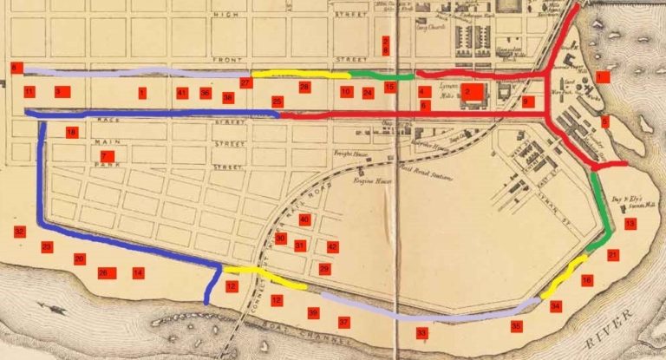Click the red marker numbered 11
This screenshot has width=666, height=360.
coord(29,91)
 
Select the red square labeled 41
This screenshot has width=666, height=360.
coord(181,92)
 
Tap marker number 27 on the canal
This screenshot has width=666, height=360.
coord(246,82)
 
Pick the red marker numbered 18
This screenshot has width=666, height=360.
coord(72,132)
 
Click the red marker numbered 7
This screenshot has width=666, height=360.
coord(106,156)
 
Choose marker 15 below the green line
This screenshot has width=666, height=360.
coord(390,88)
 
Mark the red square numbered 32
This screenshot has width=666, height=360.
coord(19,232)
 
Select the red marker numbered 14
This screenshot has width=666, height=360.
coord(138,273)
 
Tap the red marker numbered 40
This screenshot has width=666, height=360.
coord(304,219)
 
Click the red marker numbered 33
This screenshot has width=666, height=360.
coord(421,332)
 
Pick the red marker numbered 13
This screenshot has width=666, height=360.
coord(630,224)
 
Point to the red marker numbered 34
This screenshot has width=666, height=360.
coord(556,306)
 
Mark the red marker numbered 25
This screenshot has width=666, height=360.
coord(277,101)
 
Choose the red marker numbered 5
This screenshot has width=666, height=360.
coord(604,121)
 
